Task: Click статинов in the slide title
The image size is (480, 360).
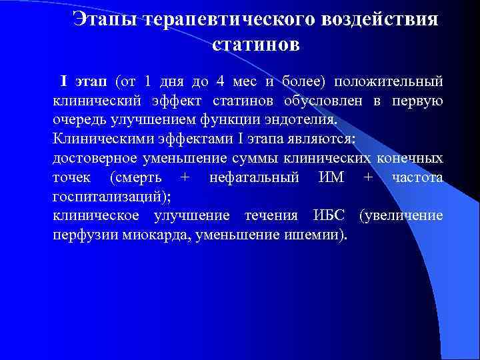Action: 256,45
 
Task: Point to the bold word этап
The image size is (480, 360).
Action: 91,81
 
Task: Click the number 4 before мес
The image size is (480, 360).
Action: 221,81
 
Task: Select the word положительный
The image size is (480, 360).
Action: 388,81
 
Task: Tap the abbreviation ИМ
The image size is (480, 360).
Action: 330,178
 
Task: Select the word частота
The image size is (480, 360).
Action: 417,178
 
